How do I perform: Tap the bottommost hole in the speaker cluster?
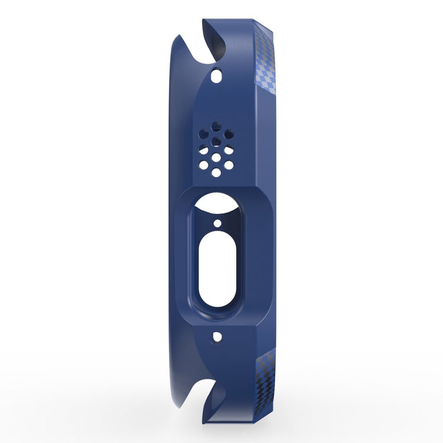click(x=217, y=172)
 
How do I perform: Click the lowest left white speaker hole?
click(x=205, y=162)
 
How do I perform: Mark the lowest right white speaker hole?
click(x=229, y=162)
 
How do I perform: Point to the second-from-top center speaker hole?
click(x=217, y=140)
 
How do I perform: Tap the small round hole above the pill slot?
click(x=217, y=224)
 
